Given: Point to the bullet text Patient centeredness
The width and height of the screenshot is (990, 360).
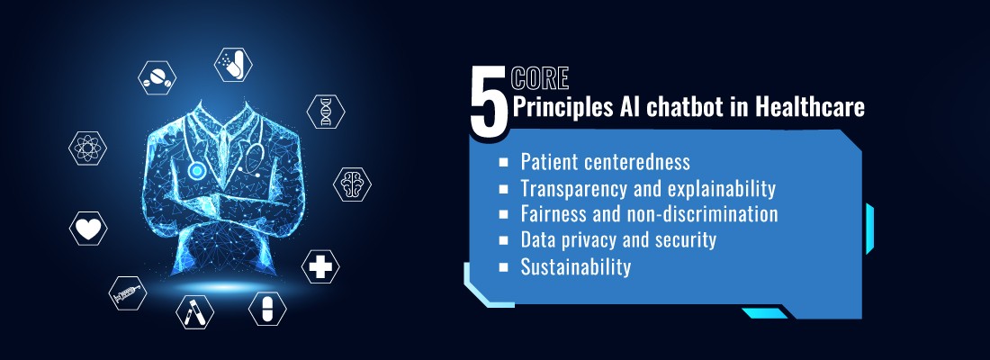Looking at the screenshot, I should (x=605, y=162).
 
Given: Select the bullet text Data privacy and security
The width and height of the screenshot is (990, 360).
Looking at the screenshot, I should (x=617, y=240).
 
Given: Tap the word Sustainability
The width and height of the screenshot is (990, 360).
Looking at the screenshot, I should (x=575, y=266).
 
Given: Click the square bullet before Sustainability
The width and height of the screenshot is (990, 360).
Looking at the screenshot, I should (x=504, y=267).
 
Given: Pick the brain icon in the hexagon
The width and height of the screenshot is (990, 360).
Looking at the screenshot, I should (x=352, y=184).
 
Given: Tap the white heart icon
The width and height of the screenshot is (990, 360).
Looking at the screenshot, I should (x=88, y=229).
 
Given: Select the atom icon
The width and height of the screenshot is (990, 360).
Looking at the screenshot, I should (x=88, y=148).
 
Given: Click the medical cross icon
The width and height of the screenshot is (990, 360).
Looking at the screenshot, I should (x=320, y=266).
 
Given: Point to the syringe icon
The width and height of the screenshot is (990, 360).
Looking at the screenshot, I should (x=127, y=293).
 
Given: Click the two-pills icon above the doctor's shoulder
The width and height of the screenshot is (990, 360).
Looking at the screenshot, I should (x=157, y=76).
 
